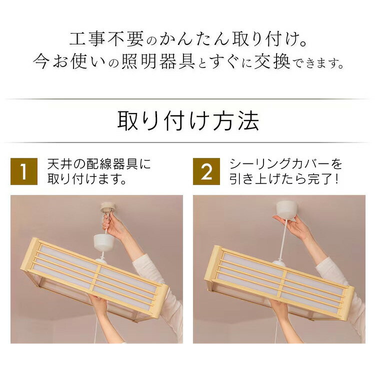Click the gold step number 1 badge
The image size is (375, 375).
24,171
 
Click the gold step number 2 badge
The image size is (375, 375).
206,171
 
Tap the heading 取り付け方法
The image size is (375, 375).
188,121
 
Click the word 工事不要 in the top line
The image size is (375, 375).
106,38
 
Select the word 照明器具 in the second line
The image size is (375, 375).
158,61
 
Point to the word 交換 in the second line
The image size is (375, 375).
272,61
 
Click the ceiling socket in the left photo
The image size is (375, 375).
107,207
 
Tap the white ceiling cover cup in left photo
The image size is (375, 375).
104,242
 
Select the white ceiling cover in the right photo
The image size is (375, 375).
286,209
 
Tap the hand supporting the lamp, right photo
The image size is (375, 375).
278,308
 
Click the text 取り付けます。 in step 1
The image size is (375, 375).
87,178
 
